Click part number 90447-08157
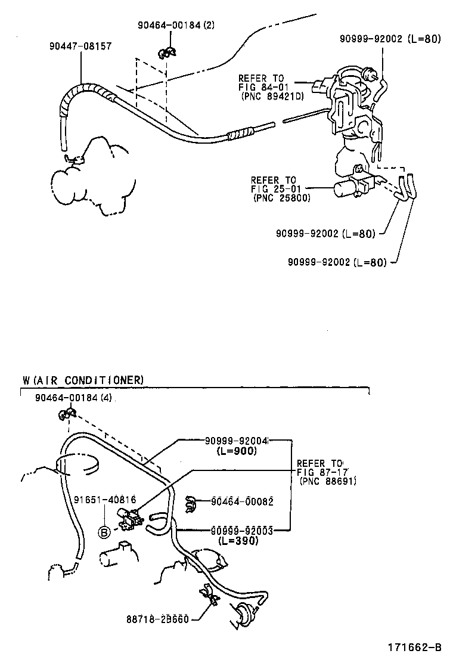point(80,46)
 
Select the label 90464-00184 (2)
point(176,25)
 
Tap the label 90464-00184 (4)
point(73,398)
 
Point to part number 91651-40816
point(106,500)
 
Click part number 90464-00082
point(242,501)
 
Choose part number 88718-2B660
point(157,620)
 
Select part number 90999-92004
point(237,441)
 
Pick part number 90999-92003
point(242,530)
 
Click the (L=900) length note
point(237,451)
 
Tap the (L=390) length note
point(238,540)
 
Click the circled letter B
point(104,532)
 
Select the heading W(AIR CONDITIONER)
point(83,380)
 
